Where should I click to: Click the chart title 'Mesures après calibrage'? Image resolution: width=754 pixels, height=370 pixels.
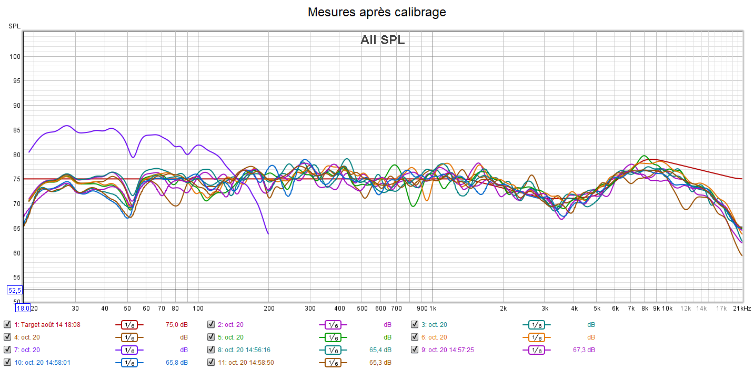tap(377, 12)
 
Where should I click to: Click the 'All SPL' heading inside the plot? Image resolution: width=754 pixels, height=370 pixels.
tap(383, 40)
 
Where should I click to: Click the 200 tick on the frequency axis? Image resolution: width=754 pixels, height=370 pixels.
tap(269, 308)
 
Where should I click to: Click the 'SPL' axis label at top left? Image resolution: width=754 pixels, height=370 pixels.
tap(14, 26)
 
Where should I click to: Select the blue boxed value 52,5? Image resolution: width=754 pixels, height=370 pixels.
tap(14, 290)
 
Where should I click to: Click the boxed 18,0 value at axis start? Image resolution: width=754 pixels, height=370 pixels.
tap(23, 309)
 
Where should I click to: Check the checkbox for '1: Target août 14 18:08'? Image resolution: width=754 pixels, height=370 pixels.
tap(7, 325)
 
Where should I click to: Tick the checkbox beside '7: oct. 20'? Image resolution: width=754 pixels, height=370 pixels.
tap(7, 350)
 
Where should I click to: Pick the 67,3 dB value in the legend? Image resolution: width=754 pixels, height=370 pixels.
tap(585, 350)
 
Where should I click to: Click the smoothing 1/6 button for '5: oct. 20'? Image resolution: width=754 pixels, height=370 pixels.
tap(333, 337)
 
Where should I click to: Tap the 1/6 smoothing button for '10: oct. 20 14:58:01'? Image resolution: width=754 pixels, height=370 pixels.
tap(129, 362)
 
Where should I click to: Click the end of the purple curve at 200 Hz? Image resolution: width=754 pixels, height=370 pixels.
tap(268, 234)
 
